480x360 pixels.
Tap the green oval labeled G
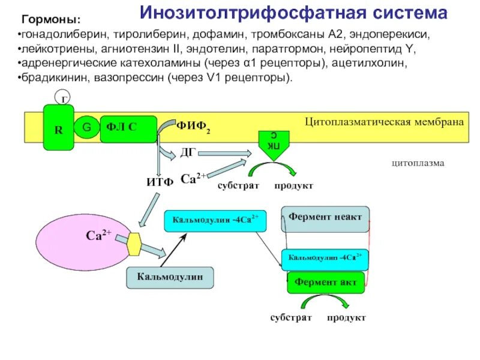click(x=86, y=127)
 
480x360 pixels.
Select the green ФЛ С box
click(x=127, y=127)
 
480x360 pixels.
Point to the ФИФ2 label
click(x=193, y=127)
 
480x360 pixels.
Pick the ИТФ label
click(x=160, y=182)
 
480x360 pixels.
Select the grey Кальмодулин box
click(x=170, y=277)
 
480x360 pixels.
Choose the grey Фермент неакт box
click(x=325, y=218)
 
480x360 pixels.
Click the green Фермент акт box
click(x=326, y=281)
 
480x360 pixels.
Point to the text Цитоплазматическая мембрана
click(x=385, y=122)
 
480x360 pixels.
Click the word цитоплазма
click(x=418, y=163)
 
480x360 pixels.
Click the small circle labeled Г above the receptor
click(x=61, y=97)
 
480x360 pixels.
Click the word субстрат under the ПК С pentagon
click(x=238, y=186)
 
